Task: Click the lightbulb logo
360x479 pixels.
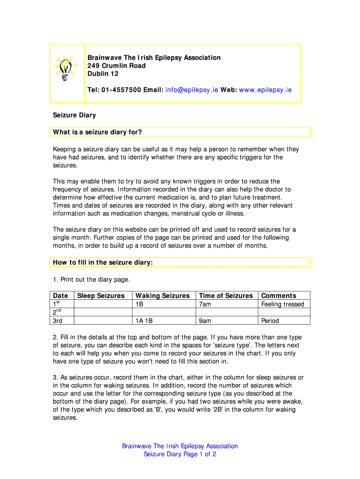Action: click(x=66, y=66)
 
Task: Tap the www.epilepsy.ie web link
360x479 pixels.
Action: click(x=265, y=90)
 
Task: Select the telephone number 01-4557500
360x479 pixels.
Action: click(x=121, y=90)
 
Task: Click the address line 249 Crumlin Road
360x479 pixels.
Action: click(x=117, y=65)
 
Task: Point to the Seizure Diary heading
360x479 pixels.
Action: click(x=74, y=115)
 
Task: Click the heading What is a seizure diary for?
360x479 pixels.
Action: click(x=97, y=132)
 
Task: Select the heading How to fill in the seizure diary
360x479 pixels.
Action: click(x=103, y=262)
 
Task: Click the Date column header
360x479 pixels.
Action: click(x=61, y=296)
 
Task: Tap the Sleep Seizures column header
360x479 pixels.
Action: click(x=101, y=296)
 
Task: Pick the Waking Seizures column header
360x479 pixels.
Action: click(x=163, y=296)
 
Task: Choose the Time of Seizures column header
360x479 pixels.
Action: click(x=226, y=296)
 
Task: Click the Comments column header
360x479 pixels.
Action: click(x=279, y=296)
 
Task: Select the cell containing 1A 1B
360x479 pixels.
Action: click(x=144, y=321)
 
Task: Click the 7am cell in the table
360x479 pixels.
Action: click(x=205, y=304)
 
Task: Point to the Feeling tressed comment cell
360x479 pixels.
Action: click(x=283, y=304)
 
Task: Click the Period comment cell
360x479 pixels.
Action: click(x=270, y=321)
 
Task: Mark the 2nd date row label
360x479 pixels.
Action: click(x=58, y=312)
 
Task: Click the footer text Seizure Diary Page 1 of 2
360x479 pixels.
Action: click(x=180, y=454)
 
